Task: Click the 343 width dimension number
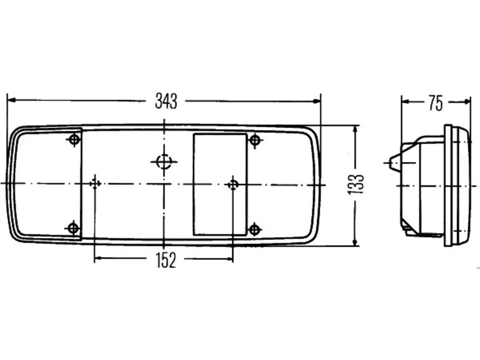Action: click(166, 101)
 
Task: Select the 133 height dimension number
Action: click(355, 185)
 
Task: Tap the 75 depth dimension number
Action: click(436, 103)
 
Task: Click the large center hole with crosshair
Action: click(164, 162)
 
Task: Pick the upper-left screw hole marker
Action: click(74, 139)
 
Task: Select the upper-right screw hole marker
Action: click(255, 140)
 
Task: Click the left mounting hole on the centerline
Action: click(95, 184)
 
